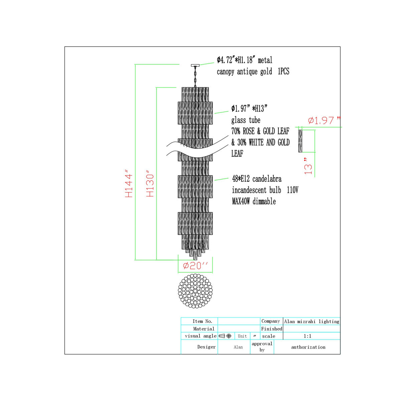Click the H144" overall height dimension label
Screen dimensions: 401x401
(x=129, y=183)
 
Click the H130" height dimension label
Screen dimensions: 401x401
(x=150, y=183)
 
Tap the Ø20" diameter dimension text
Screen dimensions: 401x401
(x=195, y=266)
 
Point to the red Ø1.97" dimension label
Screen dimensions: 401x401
(x=324, y=120)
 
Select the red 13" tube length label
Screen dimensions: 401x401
(x=308, y=166)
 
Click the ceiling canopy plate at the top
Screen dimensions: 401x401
(x=195, y=65)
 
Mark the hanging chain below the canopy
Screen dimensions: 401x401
(x=195, y=77)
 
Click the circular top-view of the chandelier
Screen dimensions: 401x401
(x=195, y=291)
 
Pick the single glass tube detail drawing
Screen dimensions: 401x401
(x=300, y=141)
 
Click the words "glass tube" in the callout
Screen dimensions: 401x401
(x=246, y=120)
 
